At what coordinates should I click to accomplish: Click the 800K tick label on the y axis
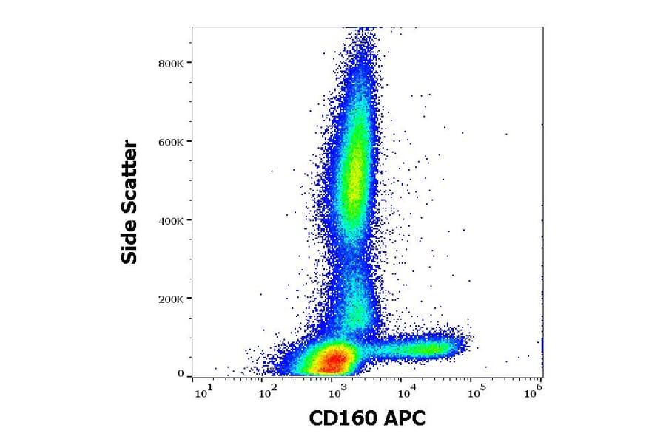(172, 63)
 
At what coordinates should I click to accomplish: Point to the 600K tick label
(172, 141)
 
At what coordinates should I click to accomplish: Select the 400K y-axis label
(172, 220)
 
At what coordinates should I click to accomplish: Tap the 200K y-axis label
(172, 299)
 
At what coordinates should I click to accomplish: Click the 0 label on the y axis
(181, 374)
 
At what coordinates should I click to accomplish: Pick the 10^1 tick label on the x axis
(203, 392)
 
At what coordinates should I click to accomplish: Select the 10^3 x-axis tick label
(337, 392)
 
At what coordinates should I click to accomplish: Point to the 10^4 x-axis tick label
(405, 392)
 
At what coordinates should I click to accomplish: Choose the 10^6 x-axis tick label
(533, 392)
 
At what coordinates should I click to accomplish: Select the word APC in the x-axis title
(405, 419)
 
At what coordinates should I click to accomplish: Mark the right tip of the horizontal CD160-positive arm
(468, 341)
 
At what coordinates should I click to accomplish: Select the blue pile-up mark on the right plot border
(542, 345)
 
